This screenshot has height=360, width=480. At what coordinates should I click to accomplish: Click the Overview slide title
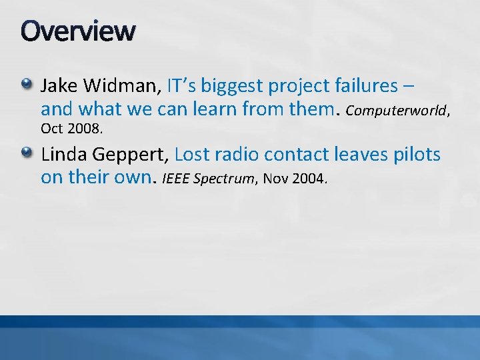pos(78,31)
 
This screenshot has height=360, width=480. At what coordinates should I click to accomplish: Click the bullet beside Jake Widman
pos(26,84)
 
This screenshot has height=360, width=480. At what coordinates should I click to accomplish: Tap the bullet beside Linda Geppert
pos(26,153)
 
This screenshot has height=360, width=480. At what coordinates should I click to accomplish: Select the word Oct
pos(51,127)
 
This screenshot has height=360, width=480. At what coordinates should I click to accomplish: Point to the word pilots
pos(416,155)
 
